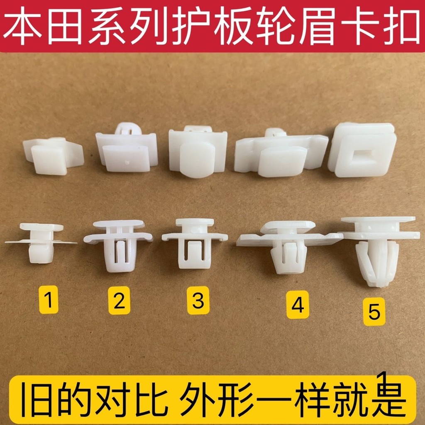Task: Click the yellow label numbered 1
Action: point(50,301)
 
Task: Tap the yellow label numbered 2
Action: point(119,301)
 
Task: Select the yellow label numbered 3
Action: point(198,301)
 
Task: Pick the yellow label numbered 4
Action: point(298,305)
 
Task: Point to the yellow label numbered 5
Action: point(374,312)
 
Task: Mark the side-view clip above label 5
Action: point(376,249)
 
